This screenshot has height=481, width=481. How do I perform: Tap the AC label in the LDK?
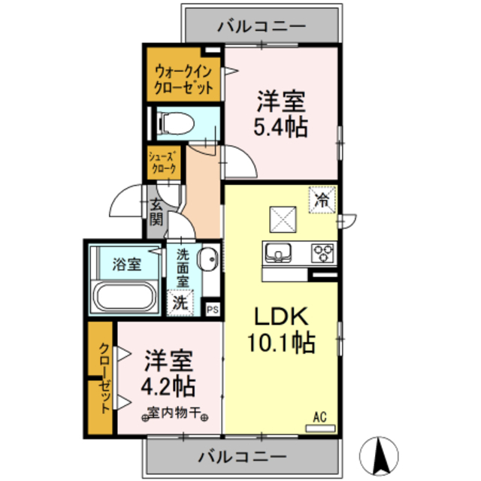tap(319, 416)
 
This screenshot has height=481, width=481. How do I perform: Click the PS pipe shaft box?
tap(212, 307)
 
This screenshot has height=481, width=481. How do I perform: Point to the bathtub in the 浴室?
tap(125, 298)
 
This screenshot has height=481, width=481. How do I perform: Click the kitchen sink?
tap(278, 251)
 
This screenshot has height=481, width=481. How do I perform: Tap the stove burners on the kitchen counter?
tap(324, 251)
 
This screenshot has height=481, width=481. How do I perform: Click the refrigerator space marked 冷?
tap(322, 201)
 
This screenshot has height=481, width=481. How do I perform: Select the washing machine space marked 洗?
tap(180, 303)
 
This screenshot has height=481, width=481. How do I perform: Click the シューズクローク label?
tap(163, 163)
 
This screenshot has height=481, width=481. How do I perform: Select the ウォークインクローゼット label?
tap(184, 80)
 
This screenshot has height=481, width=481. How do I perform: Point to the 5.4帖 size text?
tap(282, 126)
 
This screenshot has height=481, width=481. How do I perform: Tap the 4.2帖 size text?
tap(169, 386)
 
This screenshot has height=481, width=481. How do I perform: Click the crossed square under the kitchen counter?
tap(285, 219)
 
